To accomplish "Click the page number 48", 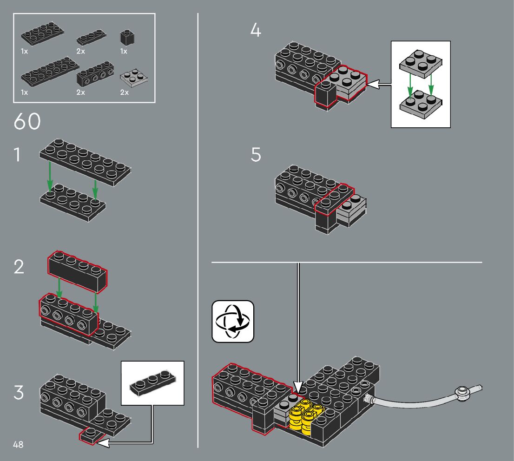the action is tap(18, 445).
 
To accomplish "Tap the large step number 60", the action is tap(27, 122).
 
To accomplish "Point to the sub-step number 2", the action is tap(19, 268).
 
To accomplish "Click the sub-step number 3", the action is tap(18, 393).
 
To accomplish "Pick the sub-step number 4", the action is tap(256, 31).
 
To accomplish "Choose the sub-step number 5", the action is tap(256, 155).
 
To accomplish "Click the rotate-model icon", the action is tap(233, 321).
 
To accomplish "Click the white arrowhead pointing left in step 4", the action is tap(373, 85).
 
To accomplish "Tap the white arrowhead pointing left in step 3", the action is tap(103, 443).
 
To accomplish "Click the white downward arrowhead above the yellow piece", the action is tap(298, 387).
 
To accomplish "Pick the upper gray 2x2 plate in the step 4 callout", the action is tap(420, 62).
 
